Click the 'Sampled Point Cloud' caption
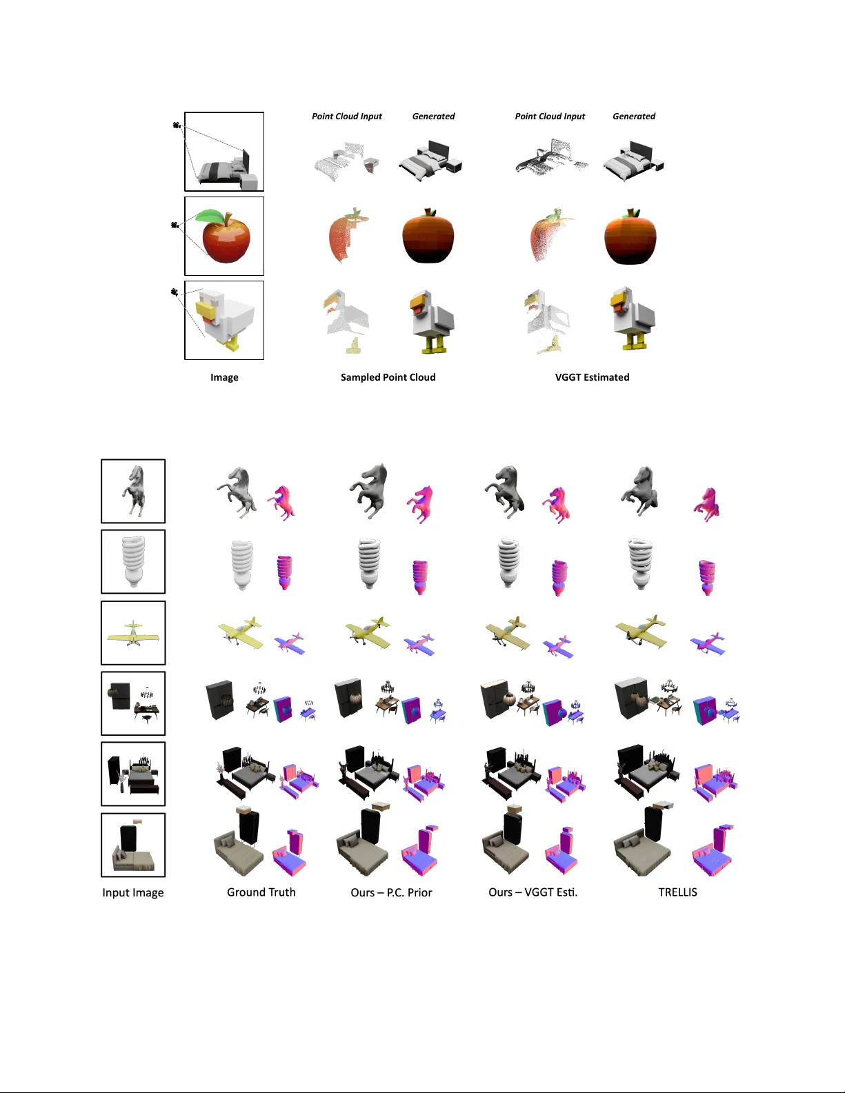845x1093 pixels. [388, 377]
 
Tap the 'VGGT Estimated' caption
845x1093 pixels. [592, 377]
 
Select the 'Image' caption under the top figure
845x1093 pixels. [224, 377]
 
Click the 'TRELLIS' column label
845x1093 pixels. [677, 892]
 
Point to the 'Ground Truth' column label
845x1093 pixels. [261, 892]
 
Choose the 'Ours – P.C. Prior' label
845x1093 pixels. [391, 892]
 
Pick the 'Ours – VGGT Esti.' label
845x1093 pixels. [533, 892]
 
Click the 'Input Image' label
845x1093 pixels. [133, 892]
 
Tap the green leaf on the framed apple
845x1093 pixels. [209, 216]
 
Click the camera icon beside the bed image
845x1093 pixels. [177, 125]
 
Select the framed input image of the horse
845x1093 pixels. [133, 491]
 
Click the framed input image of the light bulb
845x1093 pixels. [133, 561]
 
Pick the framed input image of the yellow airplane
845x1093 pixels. [133, 633]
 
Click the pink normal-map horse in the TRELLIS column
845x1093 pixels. [706, 504]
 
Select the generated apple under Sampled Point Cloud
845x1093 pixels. [428, 236]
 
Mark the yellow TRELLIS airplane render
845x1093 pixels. [641, 632]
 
